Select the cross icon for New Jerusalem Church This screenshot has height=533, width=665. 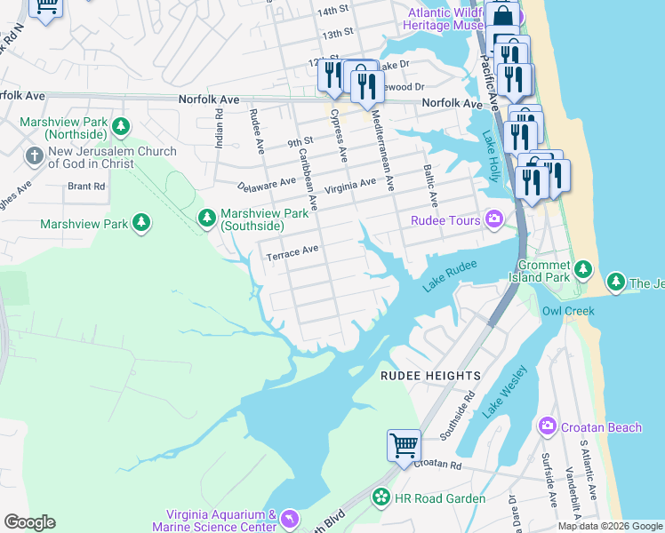point(35,157)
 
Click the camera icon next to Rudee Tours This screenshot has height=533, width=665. point(494,219)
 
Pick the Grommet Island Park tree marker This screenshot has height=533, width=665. point(582,269)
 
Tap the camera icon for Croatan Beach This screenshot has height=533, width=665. point(547,427)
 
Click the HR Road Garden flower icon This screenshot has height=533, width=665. point(381,497)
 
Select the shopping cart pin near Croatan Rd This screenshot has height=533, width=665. point(404,444)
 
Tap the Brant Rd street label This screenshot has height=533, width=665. point(87,187)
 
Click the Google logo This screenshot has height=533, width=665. point(29,522)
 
